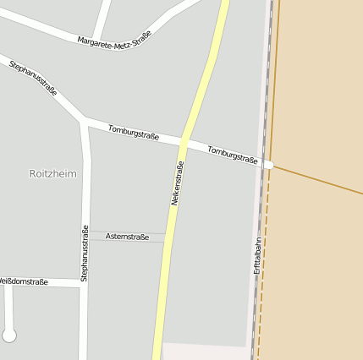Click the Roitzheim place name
tap(52, 173)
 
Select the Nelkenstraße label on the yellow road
tap(177, 183)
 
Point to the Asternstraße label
tap(127, 237)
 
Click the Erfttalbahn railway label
tap(257, 254)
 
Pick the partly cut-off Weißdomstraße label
tap(23, 281)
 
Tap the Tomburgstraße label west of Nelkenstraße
tap(133, 131)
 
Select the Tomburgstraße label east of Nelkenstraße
tap(232, 154)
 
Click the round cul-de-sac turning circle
tap(9, 335)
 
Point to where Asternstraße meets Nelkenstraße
tap(168, 237)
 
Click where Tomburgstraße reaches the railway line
tap(267, 163)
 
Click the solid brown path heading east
tap(317, 180)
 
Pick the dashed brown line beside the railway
tap(264, 254)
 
